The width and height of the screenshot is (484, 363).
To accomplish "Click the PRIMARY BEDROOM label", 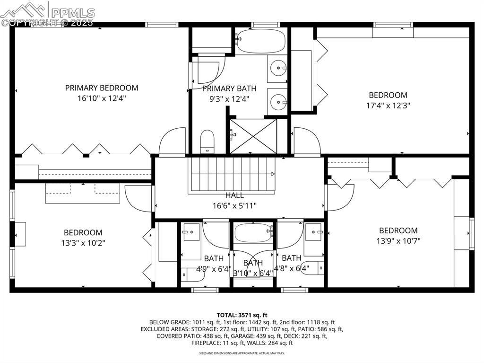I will click(x=102, y=88).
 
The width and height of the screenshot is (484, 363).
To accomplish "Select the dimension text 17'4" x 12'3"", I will click(x=388, y=106).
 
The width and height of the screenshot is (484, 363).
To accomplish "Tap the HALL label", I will click(x=234, y=195).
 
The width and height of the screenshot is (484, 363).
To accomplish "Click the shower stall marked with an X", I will click(x=253, y=136).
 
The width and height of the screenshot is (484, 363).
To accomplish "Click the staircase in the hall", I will click(x=232, y=174).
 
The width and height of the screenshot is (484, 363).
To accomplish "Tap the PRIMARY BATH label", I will click(x=229, y=88).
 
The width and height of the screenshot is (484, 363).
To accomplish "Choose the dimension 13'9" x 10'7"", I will click(x=398, y=240).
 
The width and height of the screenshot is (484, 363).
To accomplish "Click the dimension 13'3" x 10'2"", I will click(x=83, y=243).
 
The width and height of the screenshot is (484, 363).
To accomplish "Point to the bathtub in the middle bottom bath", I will click(x=253, y=232).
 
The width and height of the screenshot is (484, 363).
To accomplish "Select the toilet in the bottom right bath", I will click(x=312, y=267).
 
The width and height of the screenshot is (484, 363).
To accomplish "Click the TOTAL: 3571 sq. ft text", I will click(x=242, y=315).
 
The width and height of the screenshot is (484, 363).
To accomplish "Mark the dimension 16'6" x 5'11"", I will click(x=234, y=205).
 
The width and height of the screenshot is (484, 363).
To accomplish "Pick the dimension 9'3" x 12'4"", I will click(x=229, y=99).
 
